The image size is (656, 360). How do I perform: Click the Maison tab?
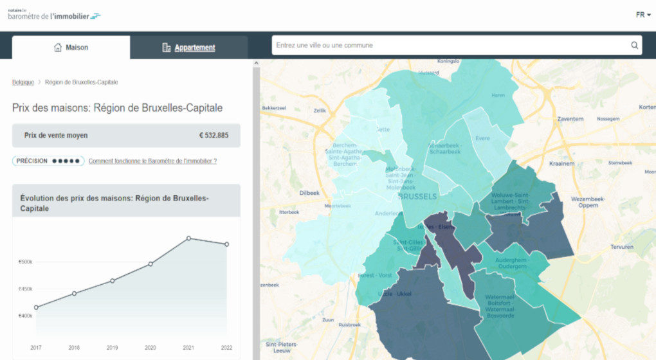click(71, 48)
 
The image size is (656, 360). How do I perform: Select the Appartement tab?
click(188, 48)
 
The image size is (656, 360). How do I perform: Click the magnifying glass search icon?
click(634, 45)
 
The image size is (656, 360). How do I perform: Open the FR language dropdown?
click(643, 15)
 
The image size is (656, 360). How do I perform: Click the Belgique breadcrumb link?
click(23, 82)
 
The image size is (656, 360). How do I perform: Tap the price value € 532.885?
click(214, 136)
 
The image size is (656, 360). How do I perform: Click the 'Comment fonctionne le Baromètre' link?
click(152, 161)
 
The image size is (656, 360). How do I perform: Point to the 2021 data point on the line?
click(189, 239)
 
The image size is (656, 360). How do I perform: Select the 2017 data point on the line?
click(36, 307)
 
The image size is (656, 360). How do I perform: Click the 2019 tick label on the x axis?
click(112, 348)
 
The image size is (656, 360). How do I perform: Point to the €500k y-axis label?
click(26, 262)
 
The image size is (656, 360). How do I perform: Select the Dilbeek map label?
click(309, 193)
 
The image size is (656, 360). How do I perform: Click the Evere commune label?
click(482, 138)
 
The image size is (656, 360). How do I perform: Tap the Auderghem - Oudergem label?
click(512, 263)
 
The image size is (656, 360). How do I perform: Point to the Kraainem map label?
click(561, 163)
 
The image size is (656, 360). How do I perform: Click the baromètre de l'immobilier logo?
click(54, 15)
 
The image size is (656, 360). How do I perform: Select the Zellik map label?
click(319, 111)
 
